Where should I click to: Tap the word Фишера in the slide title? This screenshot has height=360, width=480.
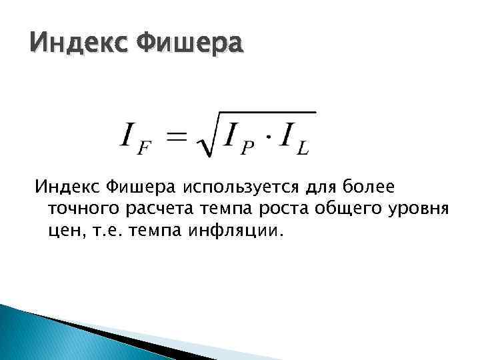[x=189, y=46]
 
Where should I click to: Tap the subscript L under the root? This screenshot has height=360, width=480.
[x=301, y=149]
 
